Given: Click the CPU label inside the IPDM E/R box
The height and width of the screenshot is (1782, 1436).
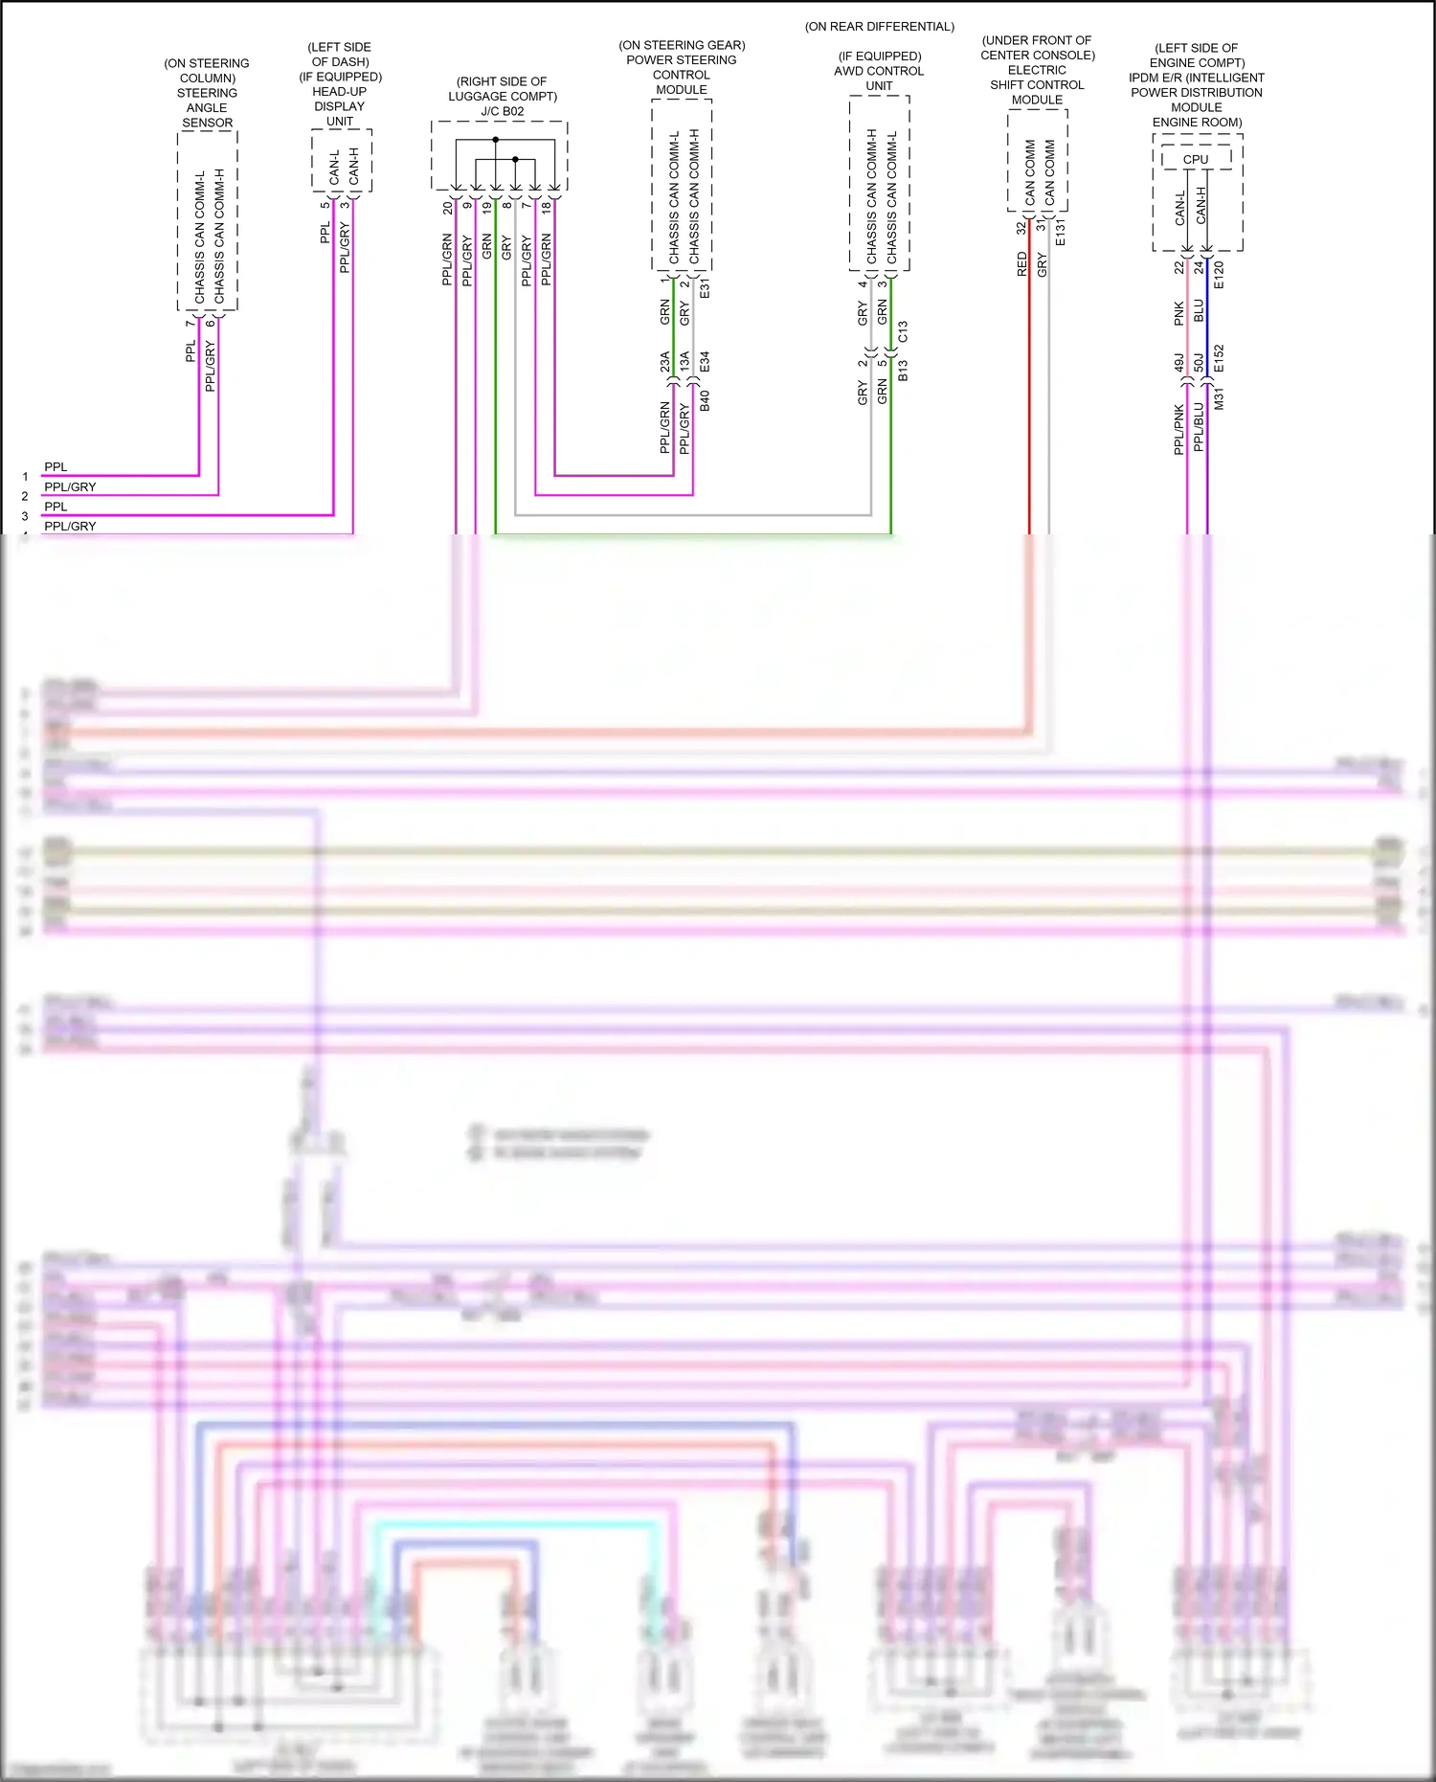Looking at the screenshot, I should click(x=1196, y=160).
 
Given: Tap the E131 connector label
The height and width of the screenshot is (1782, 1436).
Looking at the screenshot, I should click(x=1060, y=233).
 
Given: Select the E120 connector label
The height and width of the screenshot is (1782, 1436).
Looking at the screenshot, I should click(x=1219, y=275).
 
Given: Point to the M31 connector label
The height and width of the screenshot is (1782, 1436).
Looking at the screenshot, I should click(x=1219, y=399).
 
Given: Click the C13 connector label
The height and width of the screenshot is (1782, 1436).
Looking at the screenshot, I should click(x=903, y=331).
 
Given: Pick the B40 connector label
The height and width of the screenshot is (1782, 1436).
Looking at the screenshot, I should click(x=705, y=400).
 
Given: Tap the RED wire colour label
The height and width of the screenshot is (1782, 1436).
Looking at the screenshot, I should click(x=1021, y=264).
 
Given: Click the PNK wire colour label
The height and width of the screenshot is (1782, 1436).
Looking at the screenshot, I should click(x=1179, y=313).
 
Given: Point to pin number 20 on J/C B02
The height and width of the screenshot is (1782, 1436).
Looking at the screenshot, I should click(x=447, y=207).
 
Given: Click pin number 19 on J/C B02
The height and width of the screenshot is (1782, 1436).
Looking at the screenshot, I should click(x=486, y=207).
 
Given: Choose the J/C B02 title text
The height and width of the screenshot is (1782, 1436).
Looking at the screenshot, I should click(x=503, y=111).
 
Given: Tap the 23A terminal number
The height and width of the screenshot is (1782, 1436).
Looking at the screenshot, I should click(x=664, y=362).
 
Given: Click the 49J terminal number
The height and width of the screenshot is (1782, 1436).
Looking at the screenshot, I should click(x=1179, y=363).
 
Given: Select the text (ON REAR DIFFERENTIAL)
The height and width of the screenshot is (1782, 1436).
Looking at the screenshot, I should click(x=880, y=27).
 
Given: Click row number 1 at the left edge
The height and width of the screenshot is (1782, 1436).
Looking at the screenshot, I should click(x=25, y=476).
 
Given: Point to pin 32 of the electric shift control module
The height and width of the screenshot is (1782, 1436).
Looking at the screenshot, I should click(x=1021, y=228).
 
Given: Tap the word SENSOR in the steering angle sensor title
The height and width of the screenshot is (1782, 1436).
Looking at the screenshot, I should click(x=208, y=123).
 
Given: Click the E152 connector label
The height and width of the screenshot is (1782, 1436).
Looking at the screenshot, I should click(x=1219, y=358).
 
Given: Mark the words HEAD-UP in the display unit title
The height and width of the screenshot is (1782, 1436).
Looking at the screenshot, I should click(x=340, y=92).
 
